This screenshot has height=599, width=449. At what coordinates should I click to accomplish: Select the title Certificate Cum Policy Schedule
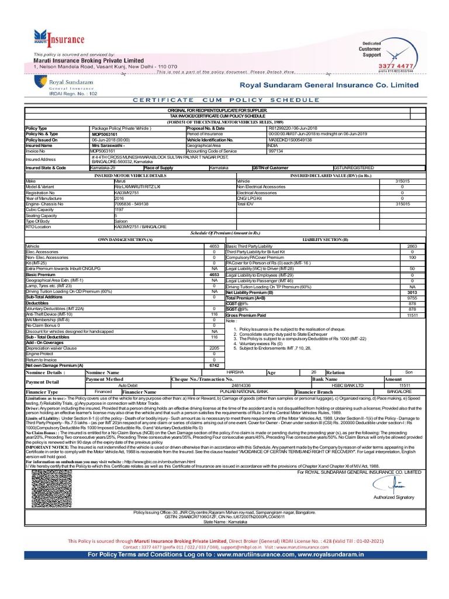point(224,100)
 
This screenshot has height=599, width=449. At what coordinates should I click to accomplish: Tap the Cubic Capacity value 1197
point(119,209)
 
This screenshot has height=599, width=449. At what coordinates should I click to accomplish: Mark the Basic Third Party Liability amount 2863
point(412,247)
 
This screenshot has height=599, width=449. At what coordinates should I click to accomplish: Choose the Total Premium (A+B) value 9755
point(412,298)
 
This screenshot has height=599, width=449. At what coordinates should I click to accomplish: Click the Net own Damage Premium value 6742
point(214,365)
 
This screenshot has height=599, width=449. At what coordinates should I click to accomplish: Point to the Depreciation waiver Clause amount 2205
point(214,348)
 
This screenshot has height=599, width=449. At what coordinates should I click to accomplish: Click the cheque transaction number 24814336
point(241,385)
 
